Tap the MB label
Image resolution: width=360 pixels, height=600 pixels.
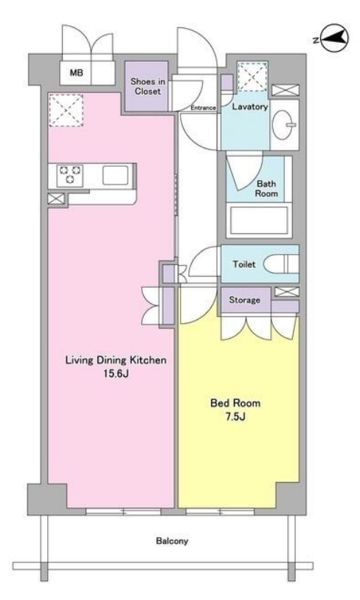76,72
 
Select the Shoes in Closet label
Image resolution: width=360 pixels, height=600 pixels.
148,86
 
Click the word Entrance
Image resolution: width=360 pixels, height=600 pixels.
203,108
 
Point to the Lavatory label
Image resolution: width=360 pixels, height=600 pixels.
250,107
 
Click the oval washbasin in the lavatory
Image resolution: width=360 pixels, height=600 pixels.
284,125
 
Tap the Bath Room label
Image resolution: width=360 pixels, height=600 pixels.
266,189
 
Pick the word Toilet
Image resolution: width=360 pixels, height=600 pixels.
244,264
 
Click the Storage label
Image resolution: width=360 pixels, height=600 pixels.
244,300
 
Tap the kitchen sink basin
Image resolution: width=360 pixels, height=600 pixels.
115,175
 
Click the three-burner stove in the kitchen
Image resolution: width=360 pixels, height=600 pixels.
69,175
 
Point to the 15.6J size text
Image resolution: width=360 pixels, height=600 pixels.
116,374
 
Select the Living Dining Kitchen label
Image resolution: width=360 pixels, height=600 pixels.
116,360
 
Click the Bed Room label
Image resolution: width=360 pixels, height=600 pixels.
235,403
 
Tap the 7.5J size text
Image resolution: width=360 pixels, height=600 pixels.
235,417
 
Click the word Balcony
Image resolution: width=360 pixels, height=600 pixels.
172,541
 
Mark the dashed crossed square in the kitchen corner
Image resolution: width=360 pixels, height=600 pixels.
66,110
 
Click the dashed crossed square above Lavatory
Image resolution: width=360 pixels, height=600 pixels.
252,77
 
